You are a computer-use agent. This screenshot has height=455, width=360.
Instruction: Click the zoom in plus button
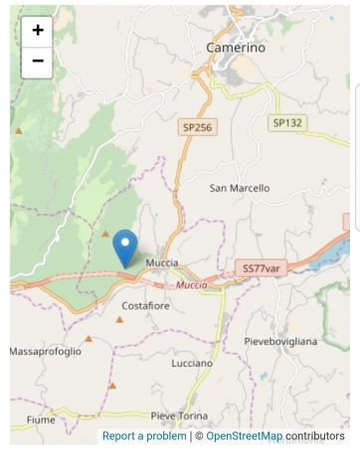click(38, 30)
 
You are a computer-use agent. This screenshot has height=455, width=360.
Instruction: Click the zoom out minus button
click(38, 61)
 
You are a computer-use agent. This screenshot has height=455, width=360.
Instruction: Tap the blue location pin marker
click(125, 246)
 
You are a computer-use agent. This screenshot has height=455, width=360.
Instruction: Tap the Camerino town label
click(236, 47)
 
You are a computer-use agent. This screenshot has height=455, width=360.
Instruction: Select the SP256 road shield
click(196, 127)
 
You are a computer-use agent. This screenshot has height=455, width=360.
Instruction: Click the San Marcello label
click(238, 187)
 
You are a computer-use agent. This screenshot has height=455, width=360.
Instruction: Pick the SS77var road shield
click(264, 268)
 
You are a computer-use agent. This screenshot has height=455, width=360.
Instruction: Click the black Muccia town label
click(161, 262)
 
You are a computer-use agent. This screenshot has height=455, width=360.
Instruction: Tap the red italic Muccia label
click(191, 285)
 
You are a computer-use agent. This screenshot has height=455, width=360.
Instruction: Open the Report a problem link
click(144, 436)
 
